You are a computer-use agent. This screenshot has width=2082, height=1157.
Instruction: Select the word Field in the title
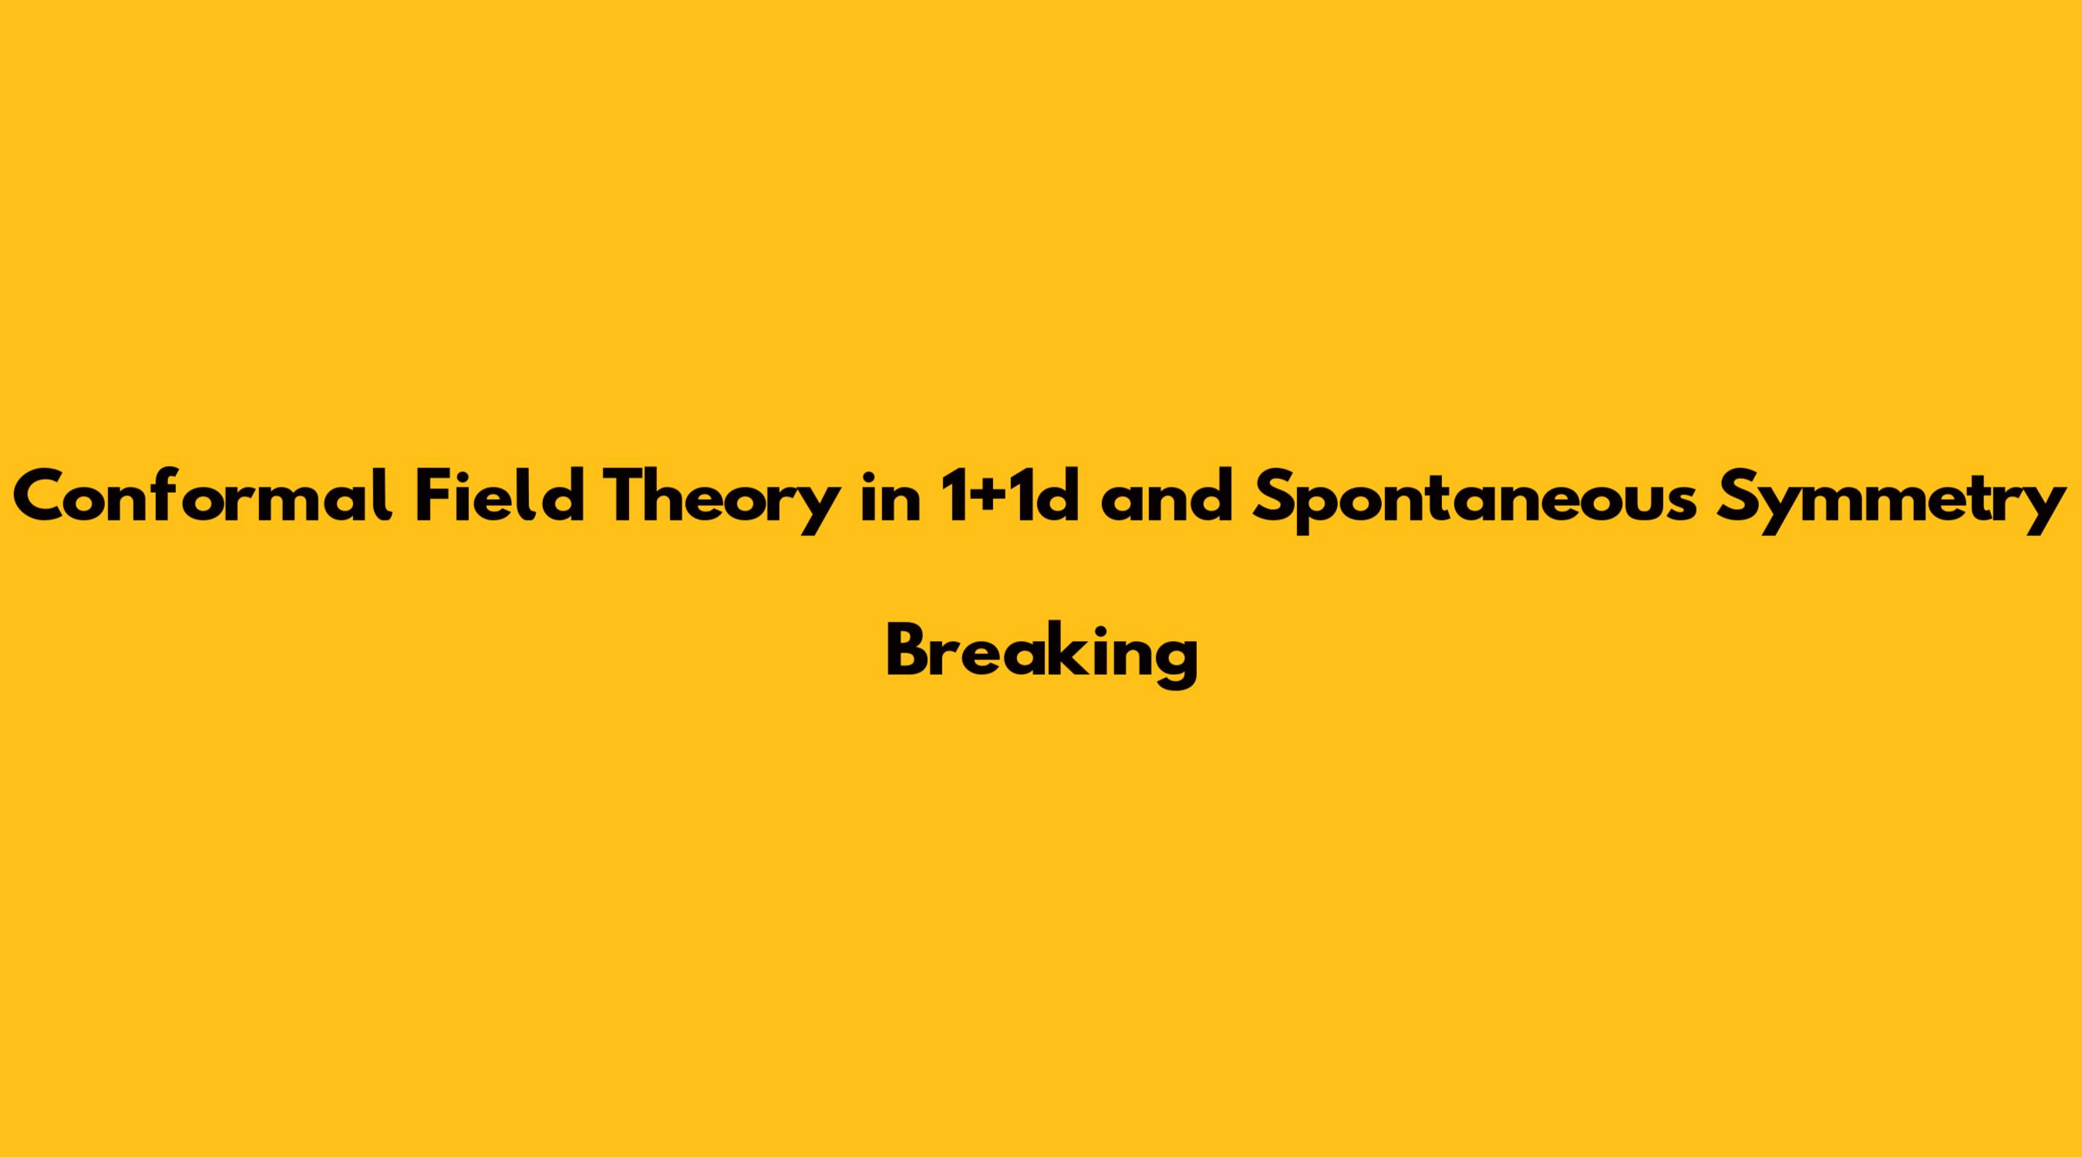pyautogui.click(x=500, y=496)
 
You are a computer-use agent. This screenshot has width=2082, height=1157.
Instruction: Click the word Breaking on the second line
pyautogui.click(x=1042, y=655)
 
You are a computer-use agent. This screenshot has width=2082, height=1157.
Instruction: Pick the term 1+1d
pyautogui.click(x=1009, y=496)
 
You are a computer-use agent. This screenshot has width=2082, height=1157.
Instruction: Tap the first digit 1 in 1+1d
pyautogui.click(x=956, y=496)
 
